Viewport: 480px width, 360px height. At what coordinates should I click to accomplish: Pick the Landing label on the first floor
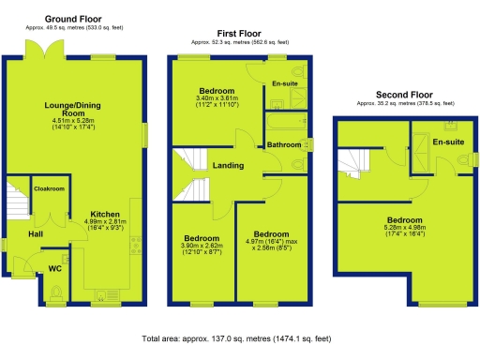(228, 166)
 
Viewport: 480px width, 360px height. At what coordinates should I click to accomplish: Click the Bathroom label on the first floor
(283, 144)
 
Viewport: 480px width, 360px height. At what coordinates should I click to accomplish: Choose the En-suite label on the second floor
(449, 142)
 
